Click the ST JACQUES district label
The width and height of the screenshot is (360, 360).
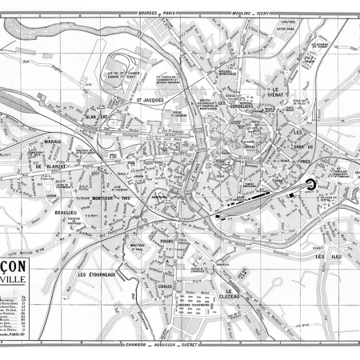(150, 100)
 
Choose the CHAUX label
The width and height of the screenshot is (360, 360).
(166, 285)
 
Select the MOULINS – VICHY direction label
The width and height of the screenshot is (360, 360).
(254, 14)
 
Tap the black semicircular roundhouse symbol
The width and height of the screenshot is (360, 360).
(306, 186)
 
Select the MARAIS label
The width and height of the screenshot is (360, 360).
(53, 143)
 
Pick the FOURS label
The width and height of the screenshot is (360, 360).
(166, 241)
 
